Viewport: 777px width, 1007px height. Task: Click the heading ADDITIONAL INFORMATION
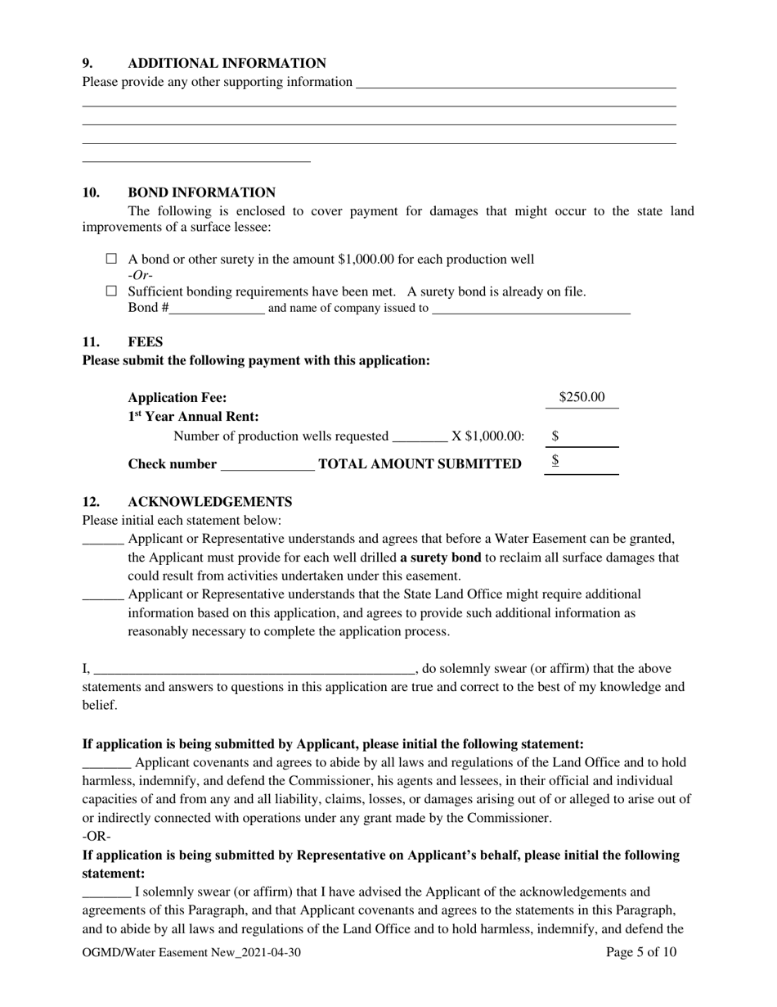click(x=227, y=63)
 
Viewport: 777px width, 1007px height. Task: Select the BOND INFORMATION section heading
click(x=201, y=192)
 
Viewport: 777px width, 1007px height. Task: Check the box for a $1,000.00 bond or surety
click(x=113, y=260)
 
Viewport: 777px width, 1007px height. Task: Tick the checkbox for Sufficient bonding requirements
click(x=113, y=291)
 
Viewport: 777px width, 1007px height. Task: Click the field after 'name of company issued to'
click(x=531, y=309)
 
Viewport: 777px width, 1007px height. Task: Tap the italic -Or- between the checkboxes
click(x=141, y=275)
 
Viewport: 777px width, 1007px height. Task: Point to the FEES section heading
click(x=145, y=342)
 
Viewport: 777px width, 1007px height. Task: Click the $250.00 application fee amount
click(x=582, y=397)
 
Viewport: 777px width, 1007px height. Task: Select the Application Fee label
click(x=177, y=398)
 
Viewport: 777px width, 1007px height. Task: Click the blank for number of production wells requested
click(x=420, y=436)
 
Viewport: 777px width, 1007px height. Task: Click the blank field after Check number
click(x=267, y=465)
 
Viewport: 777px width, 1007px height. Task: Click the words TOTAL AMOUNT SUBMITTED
click(x=420, y=464)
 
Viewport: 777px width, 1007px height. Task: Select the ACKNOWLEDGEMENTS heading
click(x=209, y=501)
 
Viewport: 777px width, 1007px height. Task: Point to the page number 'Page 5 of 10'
click(x=641, y=952)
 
